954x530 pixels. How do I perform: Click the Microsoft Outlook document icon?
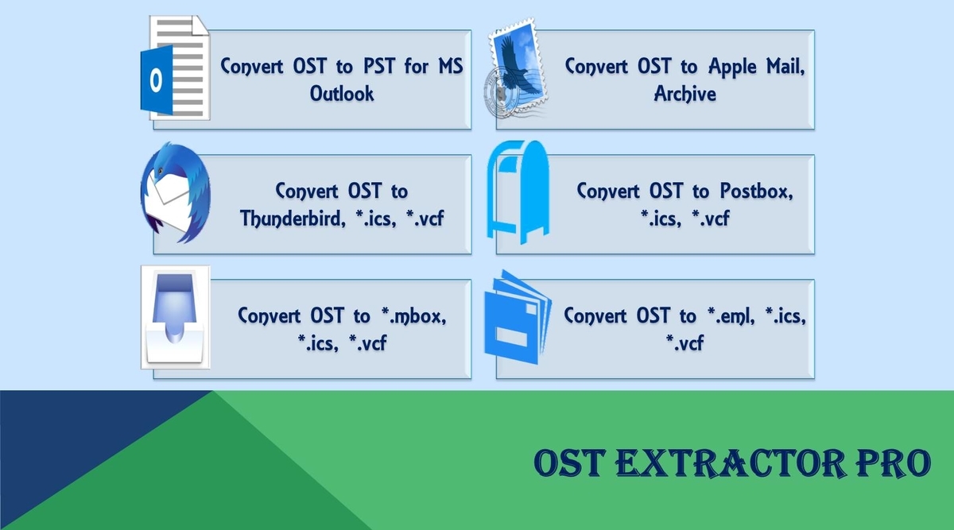(175, 68)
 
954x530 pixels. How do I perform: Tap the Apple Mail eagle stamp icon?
(516, 68)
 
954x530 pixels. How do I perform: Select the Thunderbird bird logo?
(175, 192)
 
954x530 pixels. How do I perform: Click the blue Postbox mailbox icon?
(518, 192)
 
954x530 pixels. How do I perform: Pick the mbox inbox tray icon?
(176, 317)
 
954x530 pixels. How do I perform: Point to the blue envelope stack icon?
(518, 317)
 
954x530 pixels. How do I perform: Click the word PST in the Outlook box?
(379, 67)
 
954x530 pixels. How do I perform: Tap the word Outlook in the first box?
(342, 94)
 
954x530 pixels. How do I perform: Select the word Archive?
(684, 94)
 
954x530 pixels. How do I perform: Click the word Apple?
(732, 68)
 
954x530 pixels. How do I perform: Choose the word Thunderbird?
(293, 219)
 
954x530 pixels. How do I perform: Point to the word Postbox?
(756, 191)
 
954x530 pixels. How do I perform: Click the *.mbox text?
(414, 316)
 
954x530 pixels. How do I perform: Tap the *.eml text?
(731, 316)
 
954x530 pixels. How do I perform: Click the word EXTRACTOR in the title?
(731, 462)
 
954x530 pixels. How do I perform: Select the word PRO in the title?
(894, 462)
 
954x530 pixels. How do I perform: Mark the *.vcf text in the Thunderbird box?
(425, 219)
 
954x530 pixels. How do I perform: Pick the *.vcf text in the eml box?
(684, 343)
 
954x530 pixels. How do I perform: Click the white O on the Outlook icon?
(156, 79)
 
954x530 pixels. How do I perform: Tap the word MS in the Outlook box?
(451, 67)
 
